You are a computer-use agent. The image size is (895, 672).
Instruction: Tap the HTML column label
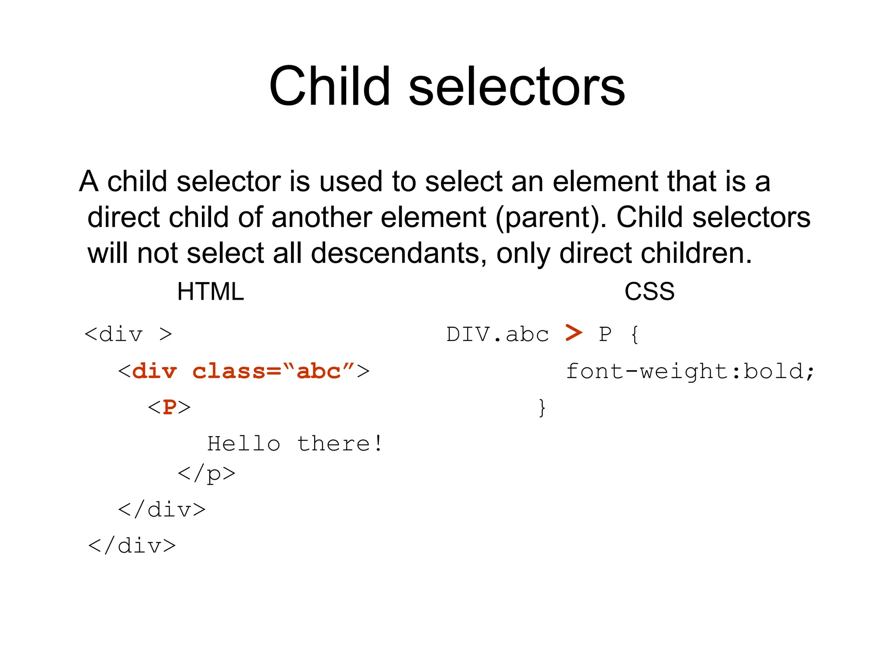(210, 291)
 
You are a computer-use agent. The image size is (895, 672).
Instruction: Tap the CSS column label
(649, 291)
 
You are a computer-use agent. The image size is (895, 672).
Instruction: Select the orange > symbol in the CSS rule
(574, 333)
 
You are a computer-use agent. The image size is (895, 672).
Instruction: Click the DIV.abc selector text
(497, 335)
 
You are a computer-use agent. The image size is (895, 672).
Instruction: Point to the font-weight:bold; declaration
(690, 371)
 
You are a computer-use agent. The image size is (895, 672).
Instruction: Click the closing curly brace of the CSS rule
(542, 408)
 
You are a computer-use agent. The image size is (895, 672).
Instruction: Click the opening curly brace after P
(635, 335)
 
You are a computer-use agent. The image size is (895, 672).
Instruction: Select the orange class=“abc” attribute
(267, 371)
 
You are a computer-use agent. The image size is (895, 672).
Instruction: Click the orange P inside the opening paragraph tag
(170, 407)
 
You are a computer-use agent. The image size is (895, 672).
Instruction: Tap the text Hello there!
(295, 444)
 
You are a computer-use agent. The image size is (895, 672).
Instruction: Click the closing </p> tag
(206, 474)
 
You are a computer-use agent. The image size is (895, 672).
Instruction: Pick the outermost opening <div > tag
(128, 335)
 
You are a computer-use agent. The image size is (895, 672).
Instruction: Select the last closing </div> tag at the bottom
(132, 546)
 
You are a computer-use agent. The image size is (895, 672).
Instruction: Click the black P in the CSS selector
(605, 335)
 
